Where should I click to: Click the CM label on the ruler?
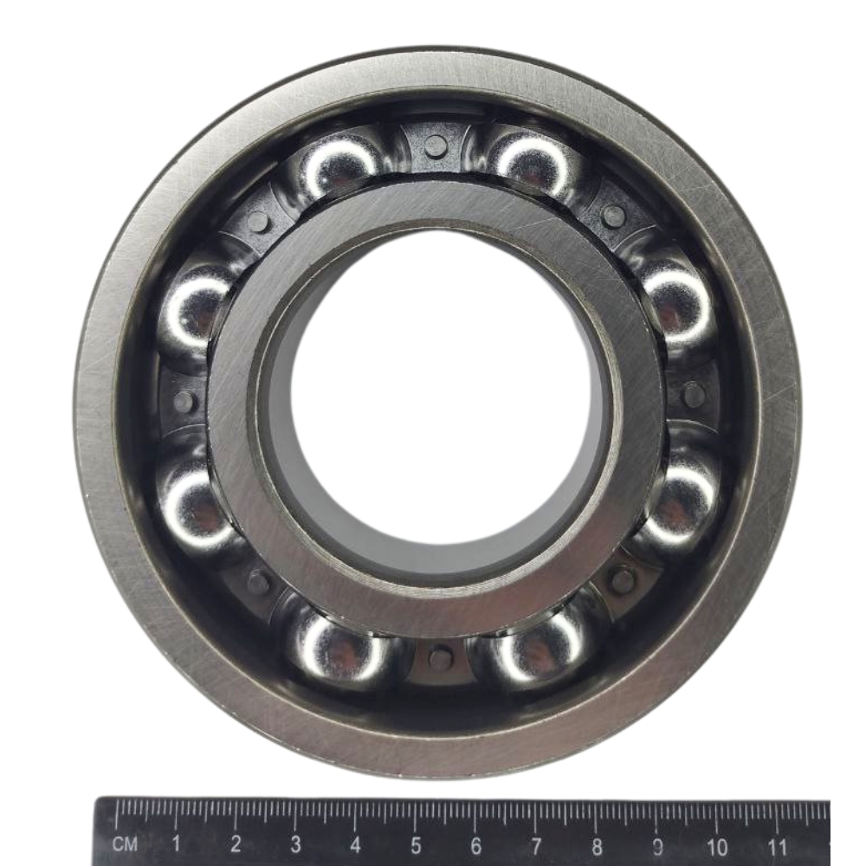(124, 843)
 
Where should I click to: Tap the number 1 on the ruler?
(176, 843)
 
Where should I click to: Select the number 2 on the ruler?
(236, 843)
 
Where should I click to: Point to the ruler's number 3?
(296, 843)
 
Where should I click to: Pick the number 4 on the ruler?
(356, 844)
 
